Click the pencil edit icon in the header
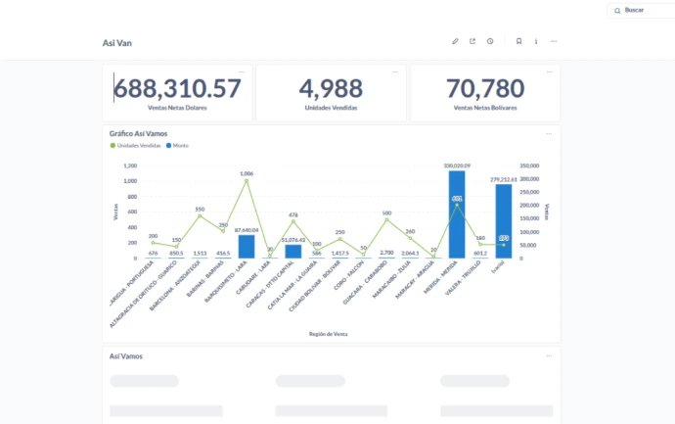click(x=455, y=42)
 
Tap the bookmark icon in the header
click(x=518, y=42)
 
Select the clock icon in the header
click(x=490, y=42)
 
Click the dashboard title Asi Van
click(x=117, y=43)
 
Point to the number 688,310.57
click(x=177, y=88)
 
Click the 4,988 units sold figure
click(x=331, y=88)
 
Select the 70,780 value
click(x=485, y=88)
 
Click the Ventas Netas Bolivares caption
click(x=485, y=107)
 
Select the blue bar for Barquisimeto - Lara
click(x=247, y=246)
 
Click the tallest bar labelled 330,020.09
click(x=457, y=215)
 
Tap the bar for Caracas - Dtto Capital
click(x=293, y=252)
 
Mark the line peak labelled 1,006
click(x=247, y=180)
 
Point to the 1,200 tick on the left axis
click(x=131, y=166)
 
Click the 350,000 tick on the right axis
click(x=528, y=166)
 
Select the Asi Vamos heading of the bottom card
click(x=126, y=356)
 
